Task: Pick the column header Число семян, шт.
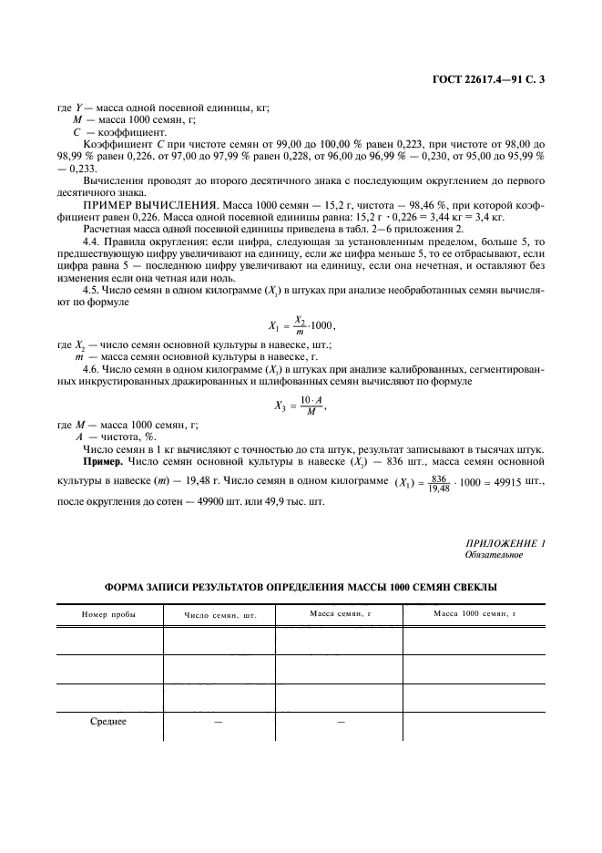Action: tap(220, 615)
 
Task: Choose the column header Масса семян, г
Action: tap(338, 613)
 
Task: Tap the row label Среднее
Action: tap(108, 722)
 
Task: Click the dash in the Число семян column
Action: tap(219, 722)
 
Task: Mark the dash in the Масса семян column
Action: tap(338, 722)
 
